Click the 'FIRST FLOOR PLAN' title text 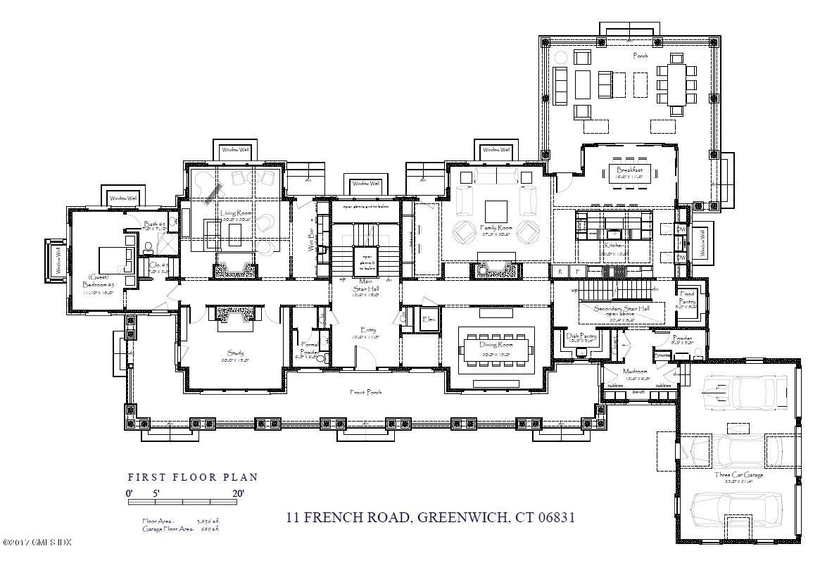click(x=192, y=477)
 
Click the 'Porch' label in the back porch click(x=640, y=56)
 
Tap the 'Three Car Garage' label click(x=738, y=474)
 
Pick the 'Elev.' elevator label click(x=429, y=319)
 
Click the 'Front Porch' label click(x=366, y=392)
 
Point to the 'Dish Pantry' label click(x=581, y=336)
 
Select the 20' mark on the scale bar click(x=238, y=493)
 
